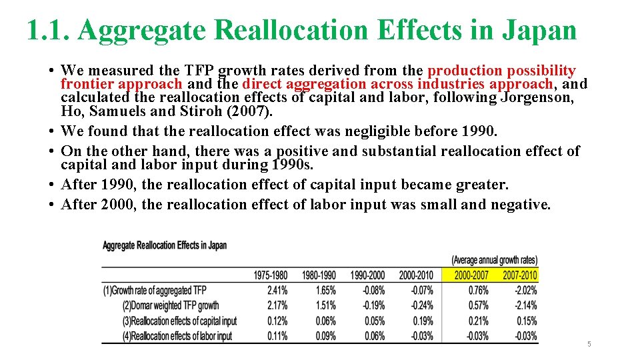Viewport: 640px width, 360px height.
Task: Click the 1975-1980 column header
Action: coord(271,275)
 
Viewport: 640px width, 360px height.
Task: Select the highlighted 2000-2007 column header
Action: coord(471,275)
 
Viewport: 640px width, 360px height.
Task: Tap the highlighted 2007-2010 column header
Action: coord(520,275)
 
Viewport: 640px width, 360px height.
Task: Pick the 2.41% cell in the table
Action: coord(277,291)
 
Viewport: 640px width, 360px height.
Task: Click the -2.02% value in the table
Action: coord(525,291)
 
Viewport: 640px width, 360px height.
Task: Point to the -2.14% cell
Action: coord(525,306)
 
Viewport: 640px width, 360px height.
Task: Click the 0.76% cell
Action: coord(478,291)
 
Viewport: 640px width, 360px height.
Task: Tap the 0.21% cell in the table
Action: coord(478,321)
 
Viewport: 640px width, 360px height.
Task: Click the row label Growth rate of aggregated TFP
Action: coord(155,291)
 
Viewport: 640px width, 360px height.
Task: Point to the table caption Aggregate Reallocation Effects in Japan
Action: coord(164,245)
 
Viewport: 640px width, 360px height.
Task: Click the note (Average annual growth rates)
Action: coord(494,260)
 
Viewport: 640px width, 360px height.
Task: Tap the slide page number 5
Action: coord(589,344)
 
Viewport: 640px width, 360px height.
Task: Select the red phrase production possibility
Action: coord(501,71)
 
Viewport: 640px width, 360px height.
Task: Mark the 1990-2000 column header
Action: coord(367,275)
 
